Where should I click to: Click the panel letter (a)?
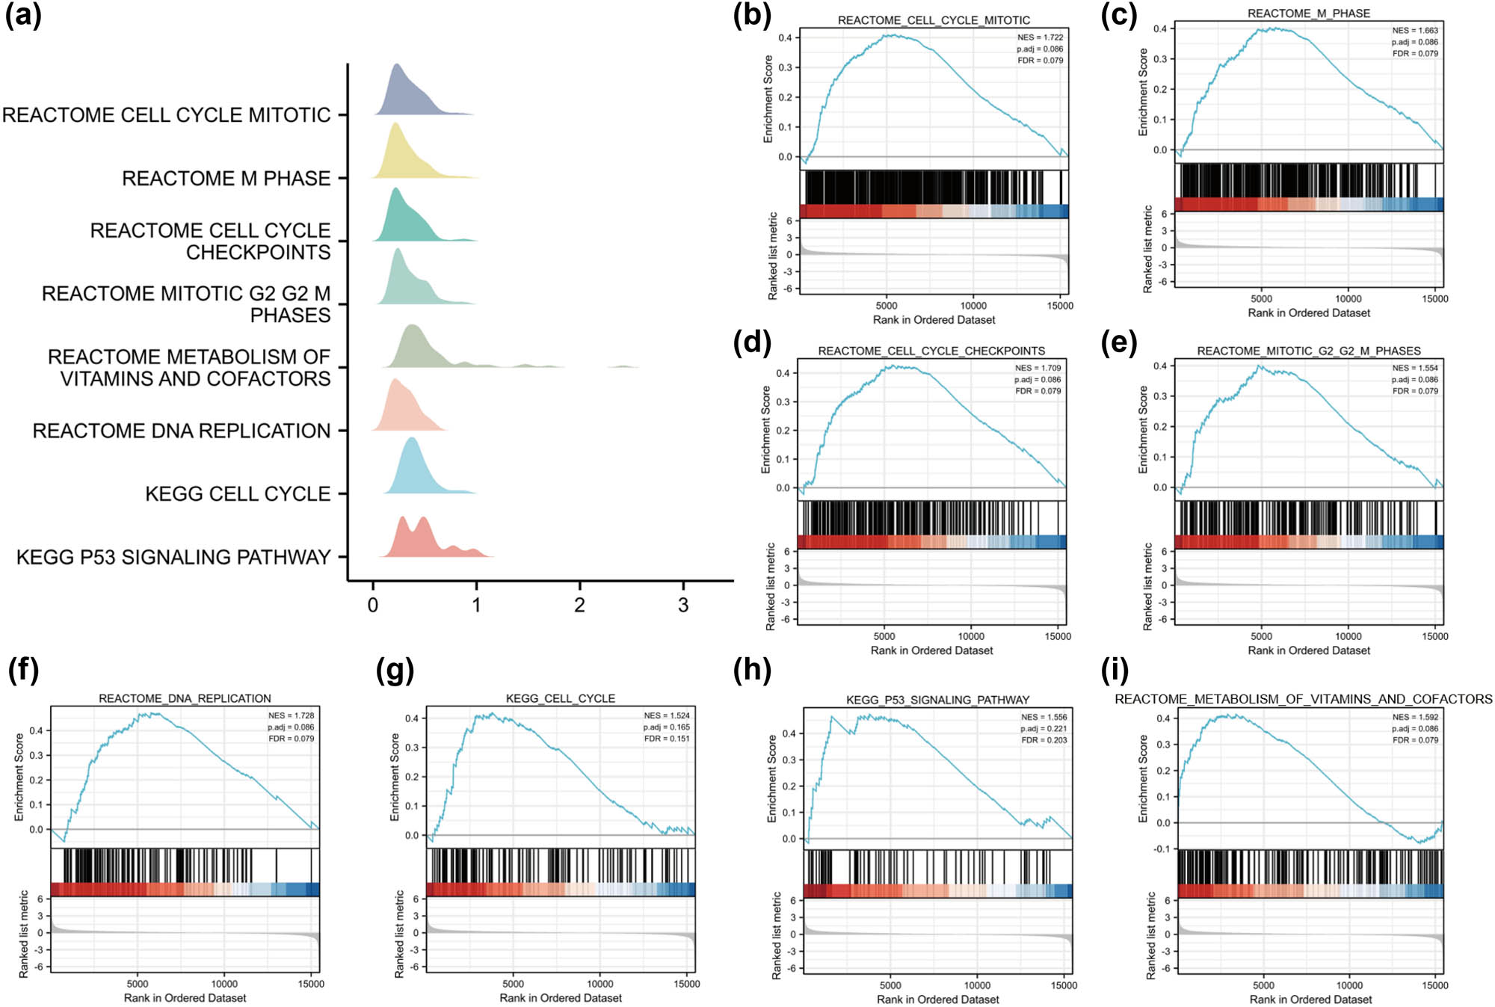coord(23,15)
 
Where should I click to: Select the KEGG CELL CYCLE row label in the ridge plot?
coord(237,494)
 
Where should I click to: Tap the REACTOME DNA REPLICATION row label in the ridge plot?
coord(181,431)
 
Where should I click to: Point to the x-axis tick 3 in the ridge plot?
coord(682,606)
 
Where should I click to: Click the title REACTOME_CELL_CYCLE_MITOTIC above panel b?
coord(934,20)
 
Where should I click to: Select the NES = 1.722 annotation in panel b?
coord(1039,37)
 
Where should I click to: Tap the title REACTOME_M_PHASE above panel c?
coord(1308,13)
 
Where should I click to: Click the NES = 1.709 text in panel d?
coord(1038,368)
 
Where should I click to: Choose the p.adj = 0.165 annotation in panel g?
coord(666,727)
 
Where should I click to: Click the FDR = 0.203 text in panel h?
coord(1044,740)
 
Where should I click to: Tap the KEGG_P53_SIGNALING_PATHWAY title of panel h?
coord(937,700)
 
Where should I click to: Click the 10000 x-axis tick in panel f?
coord(224,984)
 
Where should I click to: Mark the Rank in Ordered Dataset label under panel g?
coord(561,998)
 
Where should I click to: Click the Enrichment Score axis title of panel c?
coord(1142,92)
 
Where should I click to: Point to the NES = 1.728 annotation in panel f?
coord(291,715)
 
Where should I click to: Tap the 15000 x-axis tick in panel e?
coord(1434,636)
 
